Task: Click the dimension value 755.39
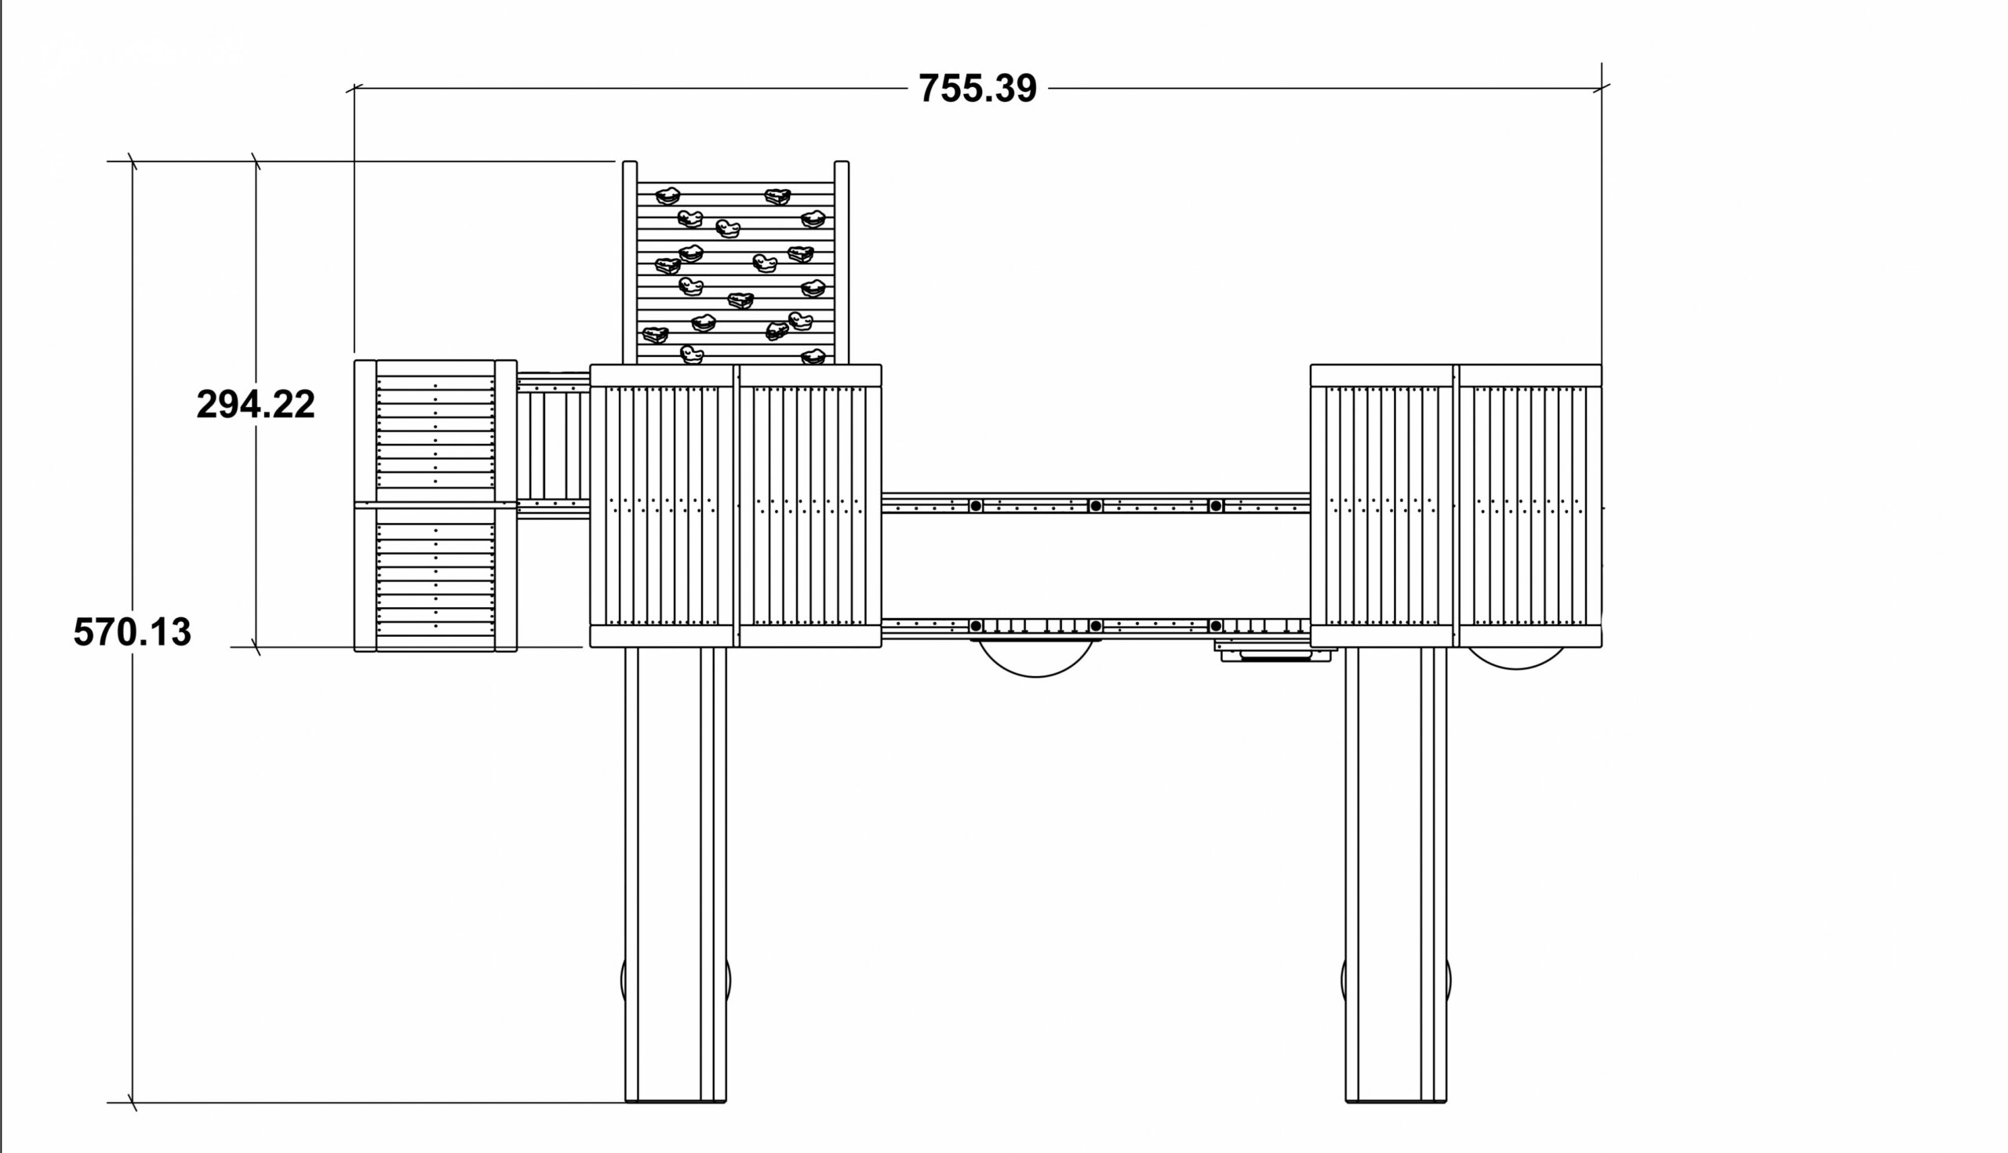point(977,88)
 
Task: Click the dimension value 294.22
point(255,404)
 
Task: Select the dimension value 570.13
point(133,632)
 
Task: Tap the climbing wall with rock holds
point(736,263)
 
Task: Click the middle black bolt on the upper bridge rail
point(1095,506)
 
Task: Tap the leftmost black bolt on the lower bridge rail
point(977,627)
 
